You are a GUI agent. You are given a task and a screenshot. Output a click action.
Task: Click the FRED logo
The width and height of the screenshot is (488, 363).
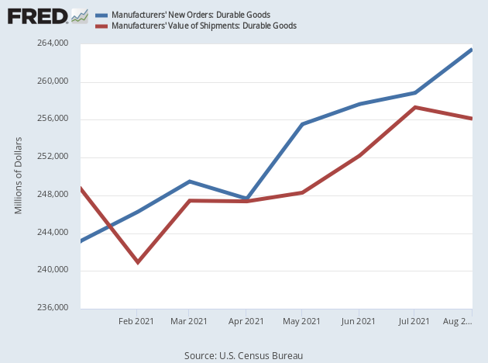36,16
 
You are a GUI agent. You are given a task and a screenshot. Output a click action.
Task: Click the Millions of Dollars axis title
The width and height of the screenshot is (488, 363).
19,175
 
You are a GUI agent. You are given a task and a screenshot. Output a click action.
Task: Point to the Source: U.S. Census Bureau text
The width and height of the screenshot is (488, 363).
243,355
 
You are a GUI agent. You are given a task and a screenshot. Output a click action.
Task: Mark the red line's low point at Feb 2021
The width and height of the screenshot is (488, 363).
138,262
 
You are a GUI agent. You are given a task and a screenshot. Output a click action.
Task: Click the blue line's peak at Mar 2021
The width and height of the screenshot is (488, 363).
190,181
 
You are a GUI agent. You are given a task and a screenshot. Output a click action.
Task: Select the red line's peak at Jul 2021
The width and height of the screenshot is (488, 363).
415,107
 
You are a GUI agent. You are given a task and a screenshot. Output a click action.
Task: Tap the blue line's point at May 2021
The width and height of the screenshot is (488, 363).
302,124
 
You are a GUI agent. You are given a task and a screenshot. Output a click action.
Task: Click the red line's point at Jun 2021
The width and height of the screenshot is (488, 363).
359,156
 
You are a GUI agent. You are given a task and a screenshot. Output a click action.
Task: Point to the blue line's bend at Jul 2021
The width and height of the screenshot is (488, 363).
415,93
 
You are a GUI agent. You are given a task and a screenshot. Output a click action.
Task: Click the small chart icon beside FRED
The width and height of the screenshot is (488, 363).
79,16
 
